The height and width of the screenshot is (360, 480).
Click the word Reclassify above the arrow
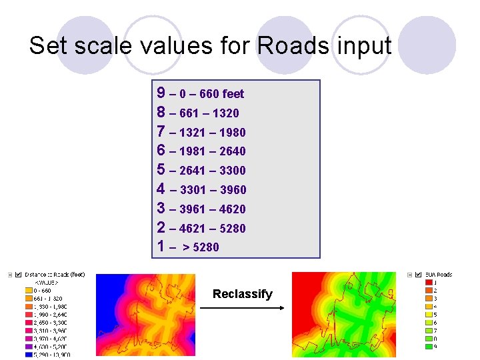pyautogui.click(x=242, y=294)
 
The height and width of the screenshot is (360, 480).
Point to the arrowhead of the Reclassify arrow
pyautogui.click(x=282, y=308)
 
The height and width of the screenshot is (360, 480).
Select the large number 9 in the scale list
pyautogui.click(x=161, y=93)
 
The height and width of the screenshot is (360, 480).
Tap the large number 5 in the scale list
pyautogui.click(x=161, y=169)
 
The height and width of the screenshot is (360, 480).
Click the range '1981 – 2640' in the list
pyautogui.click(x=212, y=151)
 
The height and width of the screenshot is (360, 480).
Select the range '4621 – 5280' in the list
pyautogui.click(x=212, y=228)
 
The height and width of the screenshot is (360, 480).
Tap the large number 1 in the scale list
pyautogui.click(x=161, y=246)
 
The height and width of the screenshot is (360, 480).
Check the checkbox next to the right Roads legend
pyautogui.click(x=419, y=274)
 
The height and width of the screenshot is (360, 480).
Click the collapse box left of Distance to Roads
pyautogui.click(x=10, y=275)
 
